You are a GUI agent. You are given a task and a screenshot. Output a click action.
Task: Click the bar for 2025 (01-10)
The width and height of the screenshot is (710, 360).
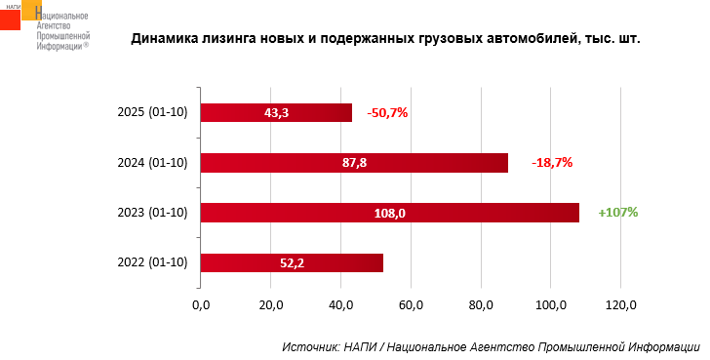pos(276,113)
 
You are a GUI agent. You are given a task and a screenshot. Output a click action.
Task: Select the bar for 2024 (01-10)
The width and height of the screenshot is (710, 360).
pos(354,163)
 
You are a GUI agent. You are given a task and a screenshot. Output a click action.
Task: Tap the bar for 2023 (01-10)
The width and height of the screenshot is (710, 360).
pos(390,213)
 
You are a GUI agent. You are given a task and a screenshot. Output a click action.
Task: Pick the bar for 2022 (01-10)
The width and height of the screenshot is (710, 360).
pos(292,262)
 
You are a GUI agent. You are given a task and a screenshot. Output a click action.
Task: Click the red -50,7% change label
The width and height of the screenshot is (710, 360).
pos(387,113)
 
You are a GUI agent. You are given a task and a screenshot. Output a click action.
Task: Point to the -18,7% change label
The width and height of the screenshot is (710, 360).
pos(552,163)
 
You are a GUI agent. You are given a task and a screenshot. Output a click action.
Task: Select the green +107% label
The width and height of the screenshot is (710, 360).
pos(618,212)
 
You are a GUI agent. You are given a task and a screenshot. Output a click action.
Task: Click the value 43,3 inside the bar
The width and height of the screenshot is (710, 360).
pos(276,113)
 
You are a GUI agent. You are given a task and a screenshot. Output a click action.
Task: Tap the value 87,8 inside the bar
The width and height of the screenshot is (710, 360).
pos(354,163)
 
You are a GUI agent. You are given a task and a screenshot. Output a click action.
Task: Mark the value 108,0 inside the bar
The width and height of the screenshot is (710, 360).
pos(390,213)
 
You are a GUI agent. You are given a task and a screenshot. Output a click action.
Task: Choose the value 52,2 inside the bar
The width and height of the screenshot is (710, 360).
pos(292,262)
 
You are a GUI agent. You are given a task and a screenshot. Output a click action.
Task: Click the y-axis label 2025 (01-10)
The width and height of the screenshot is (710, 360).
pos(152,112)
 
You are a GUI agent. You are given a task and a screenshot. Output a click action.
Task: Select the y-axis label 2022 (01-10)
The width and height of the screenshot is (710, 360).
pos(152,261)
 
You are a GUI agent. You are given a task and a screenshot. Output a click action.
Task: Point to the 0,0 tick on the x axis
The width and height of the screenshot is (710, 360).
pos(201,305)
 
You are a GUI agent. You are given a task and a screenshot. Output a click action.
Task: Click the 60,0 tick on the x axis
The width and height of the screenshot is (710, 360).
pos(411,305)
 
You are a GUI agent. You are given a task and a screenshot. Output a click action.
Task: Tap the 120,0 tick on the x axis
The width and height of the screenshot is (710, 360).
pos(620,305)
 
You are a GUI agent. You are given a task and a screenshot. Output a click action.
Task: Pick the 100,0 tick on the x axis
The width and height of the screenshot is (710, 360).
pos(551,305)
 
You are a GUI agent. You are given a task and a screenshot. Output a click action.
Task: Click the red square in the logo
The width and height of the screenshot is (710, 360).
pos(10,20)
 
